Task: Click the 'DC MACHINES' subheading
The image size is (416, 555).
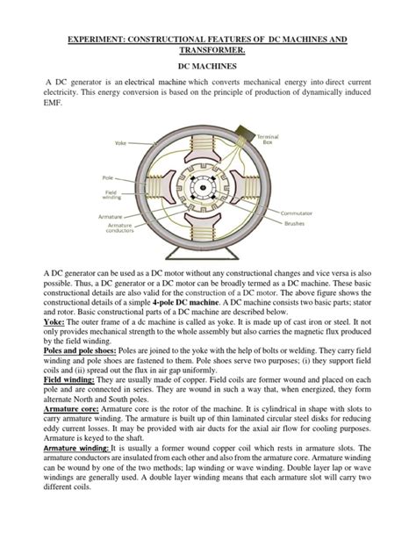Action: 208,65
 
